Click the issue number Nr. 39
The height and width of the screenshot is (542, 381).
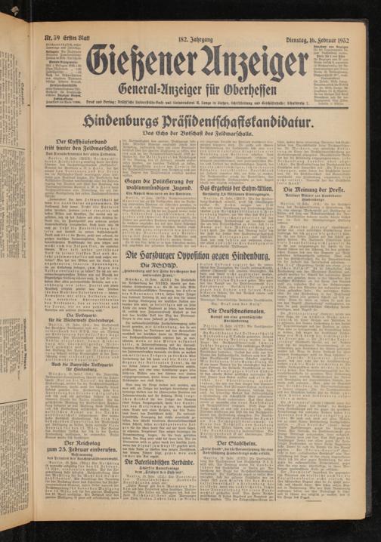54,35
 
